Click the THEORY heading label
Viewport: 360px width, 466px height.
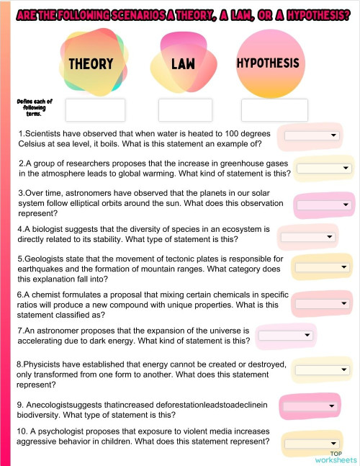(91, 64)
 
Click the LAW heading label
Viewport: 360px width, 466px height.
(184, 64)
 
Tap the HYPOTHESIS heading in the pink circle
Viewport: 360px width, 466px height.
(267, 63)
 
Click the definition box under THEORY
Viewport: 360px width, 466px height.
(95, 110)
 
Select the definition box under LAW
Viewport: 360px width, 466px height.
(185, 110)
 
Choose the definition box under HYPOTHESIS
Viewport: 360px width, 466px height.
(274, 110)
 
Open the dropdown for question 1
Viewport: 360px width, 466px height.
(312, 135)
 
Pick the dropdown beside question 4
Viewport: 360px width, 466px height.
(307, 236)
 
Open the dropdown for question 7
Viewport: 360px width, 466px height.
(286, 335)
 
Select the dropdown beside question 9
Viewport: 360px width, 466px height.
(310, 406)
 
